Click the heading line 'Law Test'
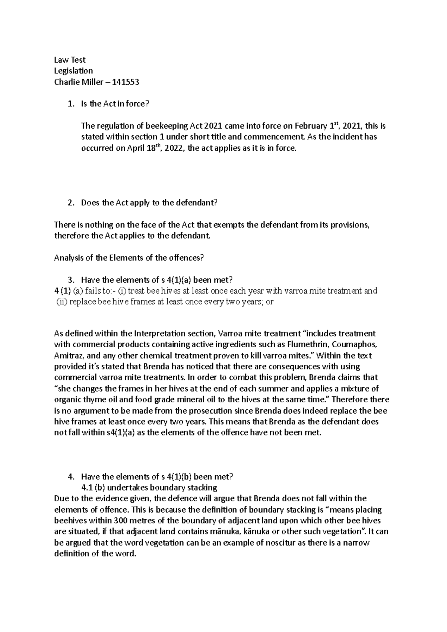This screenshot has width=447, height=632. click(70, 60)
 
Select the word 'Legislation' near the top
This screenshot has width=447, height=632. click(73, 71)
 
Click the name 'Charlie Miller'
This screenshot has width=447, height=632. click(77, 82)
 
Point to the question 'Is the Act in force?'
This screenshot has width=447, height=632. click(115, 104)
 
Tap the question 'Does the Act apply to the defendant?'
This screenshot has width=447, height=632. click(149, 203)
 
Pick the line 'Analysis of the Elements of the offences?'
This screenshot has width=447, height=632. click(129, 258)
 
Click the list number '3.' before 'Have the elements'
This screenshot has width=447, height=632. click(71, 280)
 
